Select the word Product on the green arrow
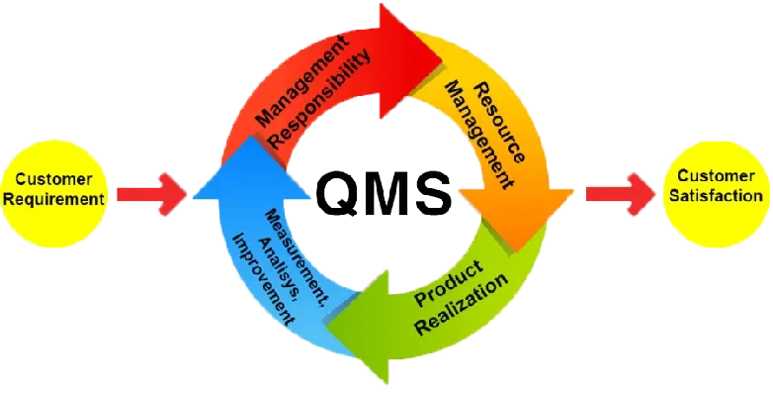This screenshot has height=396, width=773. point(450,281)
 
